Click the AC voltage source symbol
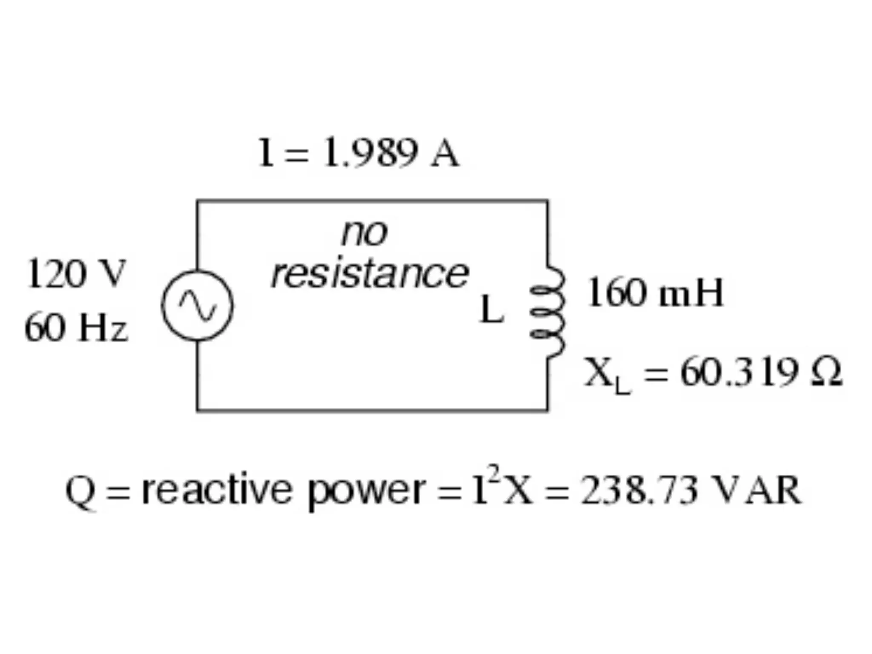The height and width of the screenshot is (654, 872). tap(197, 305)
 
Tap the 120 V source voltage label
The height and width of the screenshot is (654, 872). tap(76, 274)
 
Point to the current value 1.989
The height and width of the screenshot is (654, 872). tap(370, 153)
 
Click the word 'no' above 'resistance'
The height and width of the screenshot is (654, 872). tap(364, 233)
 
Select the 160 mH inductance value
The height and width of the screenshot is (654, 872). tap(654, 293)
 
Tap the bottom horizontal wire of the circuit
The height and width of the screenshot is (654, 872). tap(372, 410)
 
